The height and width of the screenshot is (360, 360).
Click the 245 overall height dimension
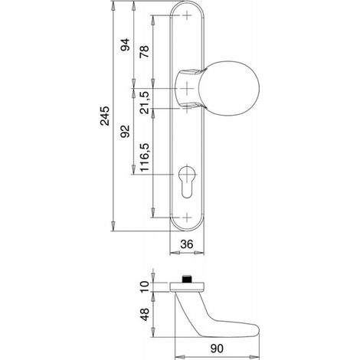click(104, 116)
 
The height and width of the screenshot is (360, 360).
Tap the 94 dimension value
click(125, 44)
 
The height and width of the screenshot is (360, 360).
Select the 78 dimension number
click(144, 51)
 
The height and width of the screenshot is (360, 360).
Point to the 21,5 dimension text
click(144, 103)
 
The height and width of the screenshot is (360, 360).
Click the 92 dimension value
click(125, 131)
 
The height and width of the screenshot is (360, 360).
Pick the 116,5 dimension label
click(144, 157)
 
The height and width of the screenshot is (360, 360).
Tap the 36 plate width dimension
click(187, 244)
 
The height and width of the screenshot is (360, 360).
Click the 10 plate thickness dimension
click(144, 287)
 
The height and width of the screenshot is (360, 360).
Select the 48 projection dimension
click(145, 314)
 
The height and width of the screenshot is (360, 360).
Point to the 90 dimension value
click(217, 349)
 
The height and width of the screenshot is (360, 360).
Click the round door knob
click(228, 88)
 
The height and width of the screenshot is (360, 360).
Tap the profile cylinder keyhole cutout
click(187, 182)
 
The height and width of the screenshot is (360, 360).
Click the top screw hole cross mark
click(187, 15)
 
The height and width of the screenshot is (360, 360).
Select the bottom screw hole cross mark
click(187, 218)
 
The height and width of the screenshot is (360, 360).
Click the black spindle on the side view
click(187, 279)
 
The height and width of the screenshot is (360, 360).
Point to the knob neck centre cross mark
click(187, 88)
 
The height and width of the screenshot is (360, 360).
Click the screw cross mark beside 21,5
click(187, 109)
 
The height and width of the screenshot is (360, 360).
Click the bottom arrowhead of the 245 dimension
click(113, 227)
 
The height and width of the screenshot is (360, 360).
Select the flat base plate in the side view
click(187, 287)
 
